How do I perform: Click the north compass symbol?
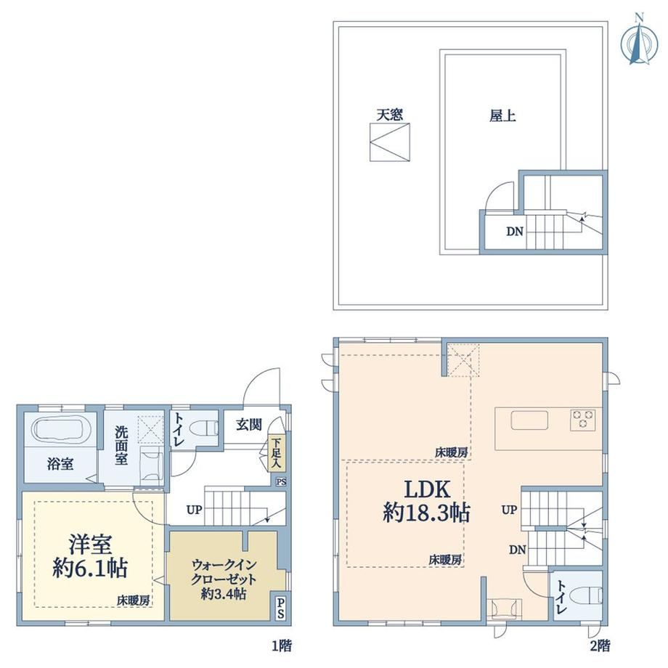[x=638, y=40]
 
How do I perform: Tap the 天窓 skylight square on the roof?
[x=389, y=142]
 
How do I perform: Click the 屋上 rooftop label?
[x=502, y=116]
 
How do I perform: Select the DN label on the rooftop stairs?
[x=514, y=232]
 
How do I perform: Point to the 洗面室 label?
[x=121, y=445]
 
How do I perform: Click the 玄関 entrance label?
[x=249, y=424]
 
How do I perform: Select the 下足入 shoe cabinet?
[x=276, y=454]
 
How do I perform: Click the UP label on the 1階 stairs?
[x=194, y=510]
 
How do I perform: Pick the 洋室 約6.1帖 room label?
[x=90, y=556]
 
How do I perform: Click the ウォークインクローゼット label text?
[x=224, y=572]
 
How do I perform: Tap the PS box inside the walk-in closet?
[x=280, y=608]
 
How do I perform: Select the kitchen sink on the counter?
[x=529, y=420]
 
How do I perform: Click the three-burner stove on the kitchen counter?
[x=583, y=419]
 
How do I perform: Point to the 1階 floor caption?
[x=282, y=645]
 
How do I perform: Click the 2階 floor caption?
[x=600, y=645]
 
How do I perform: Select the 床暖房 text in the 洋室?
[x=134, y=600]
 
